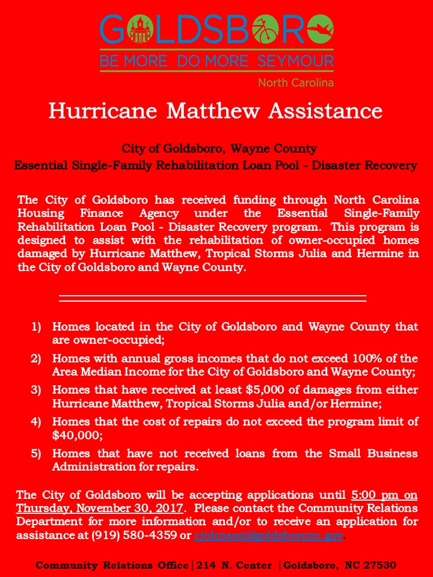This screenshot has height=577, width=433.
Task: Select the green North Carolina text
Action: [295, 82]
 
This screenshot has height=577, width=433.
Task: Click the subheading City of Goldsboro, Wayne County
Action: [219, 148]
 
